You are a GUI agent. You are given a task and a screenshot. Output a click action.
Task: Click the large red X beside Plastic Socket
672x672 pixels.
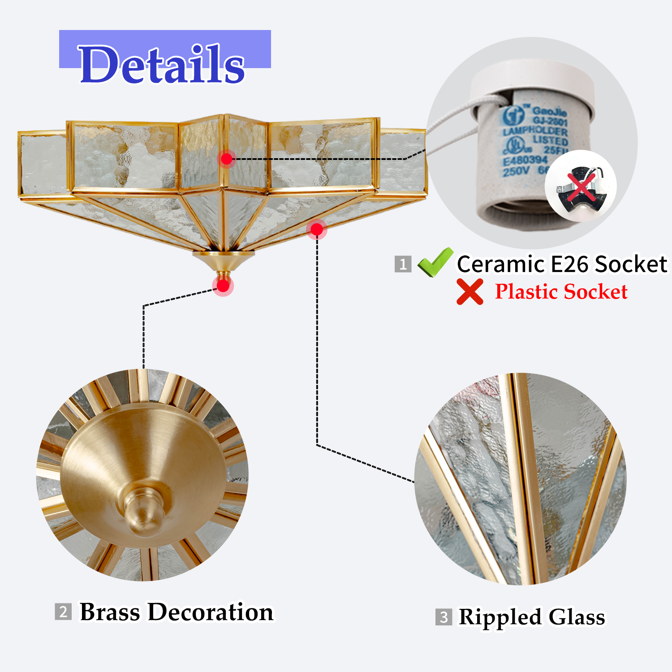point(470,292)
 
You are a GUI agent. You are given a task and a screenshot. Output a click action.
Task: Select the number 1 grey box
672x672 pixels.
point(403,264)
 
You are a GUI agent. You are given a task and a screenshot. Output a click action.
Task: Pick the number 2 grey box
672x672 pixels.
point(63,612)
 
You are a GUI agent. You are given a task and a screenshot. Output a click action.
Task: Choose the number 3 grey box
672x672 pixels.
point(444,617)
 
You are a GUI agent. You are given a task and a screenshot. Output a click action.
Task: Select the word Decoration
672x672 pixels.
point(210,612)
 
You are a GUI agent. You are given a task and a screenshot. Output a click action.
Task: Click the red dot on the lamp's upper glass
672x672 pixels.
point(227,159)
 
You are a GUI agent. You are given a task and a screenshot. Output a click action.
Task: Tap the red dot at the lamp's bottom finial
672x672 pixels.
point(223,286)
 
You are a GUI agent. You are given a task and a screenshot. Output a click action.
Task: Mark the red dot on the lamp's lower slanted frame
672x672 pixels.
point(317,229)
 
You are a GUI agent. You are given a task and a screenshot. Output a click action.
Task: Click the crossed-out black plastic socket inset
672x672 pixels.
point(581,185)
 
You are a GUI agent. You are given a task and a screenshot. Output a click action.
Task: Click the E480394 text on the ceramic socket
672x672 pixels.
point(525,160)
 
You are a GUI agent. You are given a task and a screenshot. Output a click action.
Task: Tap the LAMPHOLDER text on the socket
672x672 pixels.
point(535,131)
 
